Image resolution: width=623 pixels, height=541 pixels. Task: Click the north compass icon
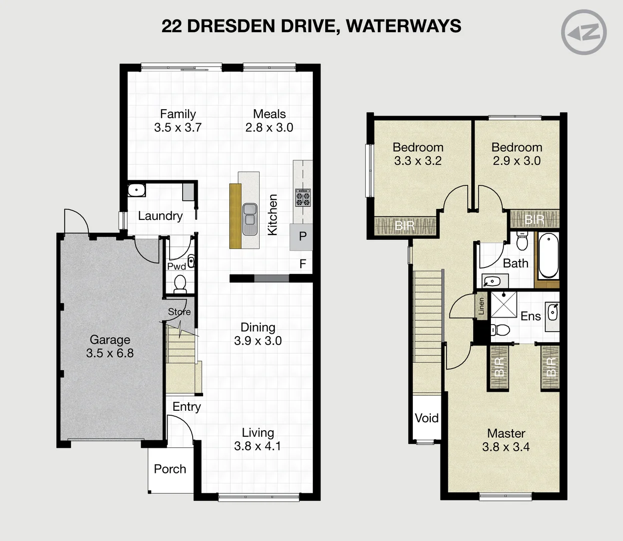pyautogui.click(x=583, y=32)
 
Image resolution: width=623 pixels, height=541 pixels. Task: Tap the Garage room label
pyautogui.click(x=110, y=340)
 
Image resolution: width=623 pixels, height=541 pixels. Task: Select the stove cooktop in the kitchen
pyautogui.click(x=302, y=197)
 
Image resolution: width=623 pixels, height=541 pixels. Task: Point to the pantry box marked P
pyautogui.click(x=302, y=237)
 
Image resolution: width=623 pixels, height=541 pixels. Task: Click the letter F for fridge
pyautogui.click(x=302, y=263)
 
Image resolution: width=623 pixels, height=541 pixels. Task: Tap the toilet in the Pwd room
pyautogui.click(x=180, y=284)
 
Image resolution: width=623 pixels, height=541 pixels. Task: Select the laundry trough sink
pyautogui.click(x=136, y=190)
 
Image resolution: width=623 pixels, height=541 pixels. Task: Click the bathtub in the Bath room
pyautogui.click(x=548, y=255)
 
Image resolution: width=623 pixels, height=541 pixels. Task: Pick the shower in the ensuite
pyautogui.click(x=503, y=304)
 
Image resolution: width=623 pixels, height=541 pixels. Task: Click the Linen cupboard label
pyautogui.click(x=481, y=306)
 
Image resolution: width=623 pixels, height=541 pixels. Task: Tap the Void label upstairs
pyautogui.click(x=426, y=418)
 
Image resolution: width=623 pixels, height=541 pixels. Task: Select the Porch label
pyautogui.click(x=170, y=469)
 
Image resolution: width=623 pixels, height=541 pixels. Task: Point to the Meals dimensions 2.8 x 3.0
pyautogui.click(x=269, y=128)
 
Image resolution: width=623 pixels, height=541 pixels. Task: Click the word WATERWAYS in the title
pyautogui.click(x=403, y=26)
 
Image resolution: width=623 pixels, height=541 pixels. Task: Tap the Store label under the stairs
pyautogui.click(x=179, y=312)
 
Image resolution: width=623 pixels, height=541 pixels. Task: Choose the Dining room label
pyautogui.click(x=258, y=327)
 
